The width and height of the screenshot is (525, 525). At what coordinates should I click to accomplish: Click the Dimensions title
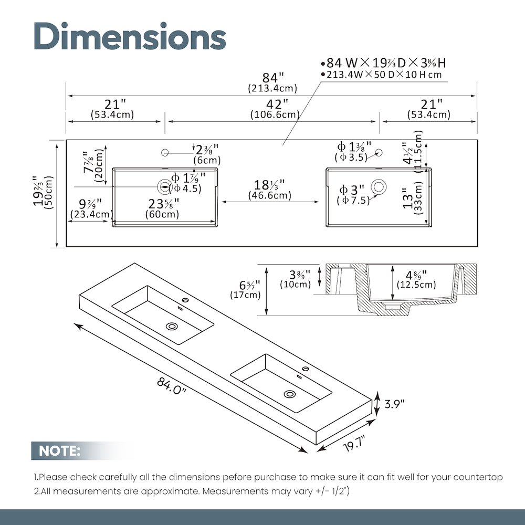(130, 36)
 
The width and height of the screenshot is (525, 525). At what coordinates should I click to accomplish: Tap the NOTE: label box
(60, 450)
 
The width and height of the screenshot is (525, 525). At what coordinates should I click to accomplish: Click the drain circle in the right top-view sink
(379, 186)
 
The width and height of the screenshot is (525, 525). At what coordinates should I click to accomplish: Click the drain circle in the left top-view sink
(164, 186)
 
